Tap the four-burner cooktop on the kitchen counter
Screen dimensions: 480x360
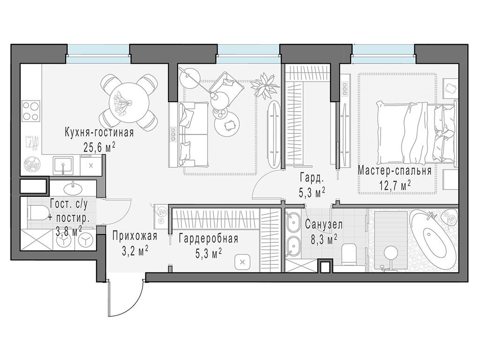point(31,111)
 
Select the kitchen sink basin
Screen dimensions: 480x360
point(63,165)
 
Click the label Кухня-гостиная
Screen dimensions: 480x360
point(99,133)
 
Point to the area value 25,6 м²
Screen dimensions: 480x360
point(99,148)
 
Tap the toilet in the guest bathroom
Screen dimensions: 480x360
point(37,212)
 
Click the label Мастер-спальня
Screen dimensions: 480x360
point(395,171)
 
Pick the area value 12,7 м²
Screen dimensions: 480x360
point(395,185)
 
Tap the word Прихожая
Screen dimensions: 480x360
point(135,236)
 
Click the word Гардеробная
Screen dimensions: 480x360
point(209,239)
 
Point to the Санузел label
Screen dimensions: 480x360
point(324,225)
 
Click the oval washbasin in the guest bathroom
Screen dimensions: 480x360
point(73,189)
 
